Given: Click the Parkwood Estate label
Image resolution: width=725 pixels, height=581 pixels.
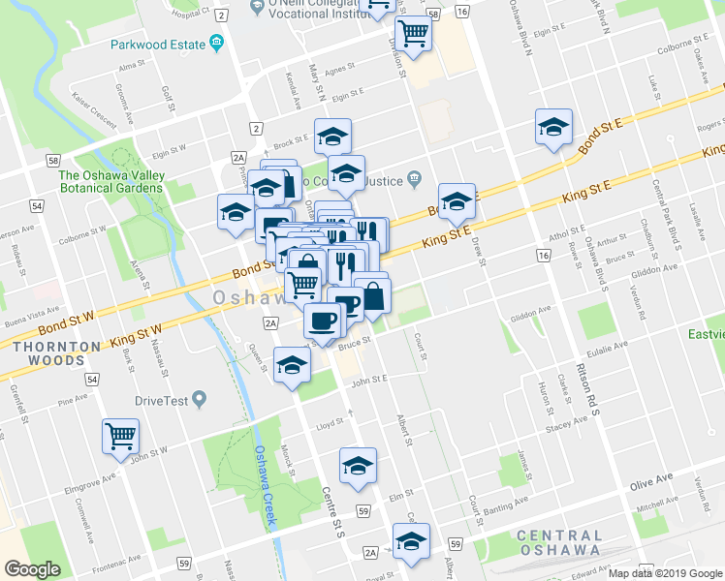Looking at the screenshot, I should tap(158, 45).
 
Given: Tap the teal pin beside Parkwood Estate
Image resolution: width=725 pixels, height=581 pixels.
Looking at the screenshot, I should tap(216, 44).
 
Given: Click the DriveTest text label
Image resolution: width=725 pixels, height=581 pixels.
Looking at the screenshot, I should tap(162, 399).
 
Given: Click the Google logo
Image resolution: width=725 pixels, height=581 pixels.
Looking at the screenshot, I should tap(32, 569).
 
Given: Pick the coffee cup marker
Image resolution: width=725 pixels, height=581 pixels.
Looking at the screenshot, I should tap(322, 321).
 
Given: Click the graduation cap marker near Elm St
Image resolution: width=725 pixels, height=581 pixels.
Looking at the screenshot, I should tap(358, 466).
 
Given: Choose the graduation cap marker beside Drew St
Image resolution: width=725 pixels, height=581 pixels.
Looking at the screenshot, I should tap(457, 201).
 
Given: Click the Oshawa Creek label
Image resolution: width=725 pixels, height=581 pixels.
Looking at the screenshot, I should tap(265, 484).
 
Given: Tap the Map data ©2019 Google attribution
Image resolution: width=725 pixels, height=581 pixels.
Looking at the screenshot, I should tap(665, 572).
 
